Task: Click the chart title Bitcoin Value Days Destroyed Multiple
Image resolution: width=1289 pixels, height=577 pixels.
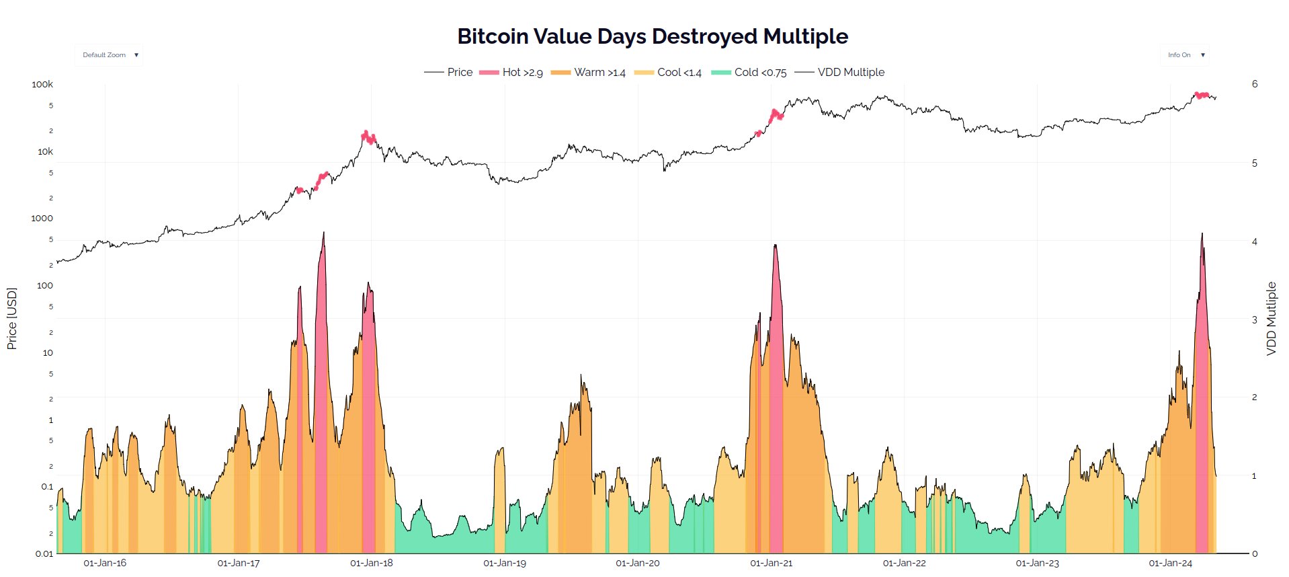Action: pos(652,36)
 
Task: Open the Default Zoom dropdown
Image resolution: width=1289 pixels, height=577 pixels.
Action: pos(110,55)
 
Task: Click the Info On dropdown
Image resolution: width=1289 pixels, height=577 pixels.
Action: pos(1185,55)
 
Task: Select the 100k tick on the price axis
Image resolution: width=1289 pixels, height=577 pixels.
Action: pos(42,85)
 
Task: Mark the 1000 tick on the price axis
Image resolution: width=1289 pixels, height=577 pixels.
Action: pos(42,219)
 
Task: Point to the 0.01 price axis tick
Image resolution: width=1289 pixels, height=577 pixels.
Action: pos(44,554)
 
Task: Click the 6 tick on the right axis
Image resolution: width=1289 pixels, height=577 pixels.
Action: pos(1255,84)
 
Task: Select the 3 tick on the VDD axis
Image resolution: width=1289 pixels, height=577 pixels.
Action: pos(1255,320)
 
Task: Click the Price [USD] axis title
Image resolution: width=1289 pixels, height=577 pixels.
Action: pos(11,319)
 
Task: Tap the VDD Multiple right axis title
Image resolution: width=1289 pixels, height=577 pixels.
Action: pos(1271,319)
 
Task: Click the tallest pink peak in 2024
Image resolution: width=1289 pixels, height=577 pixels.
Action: pos(1202,235)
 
